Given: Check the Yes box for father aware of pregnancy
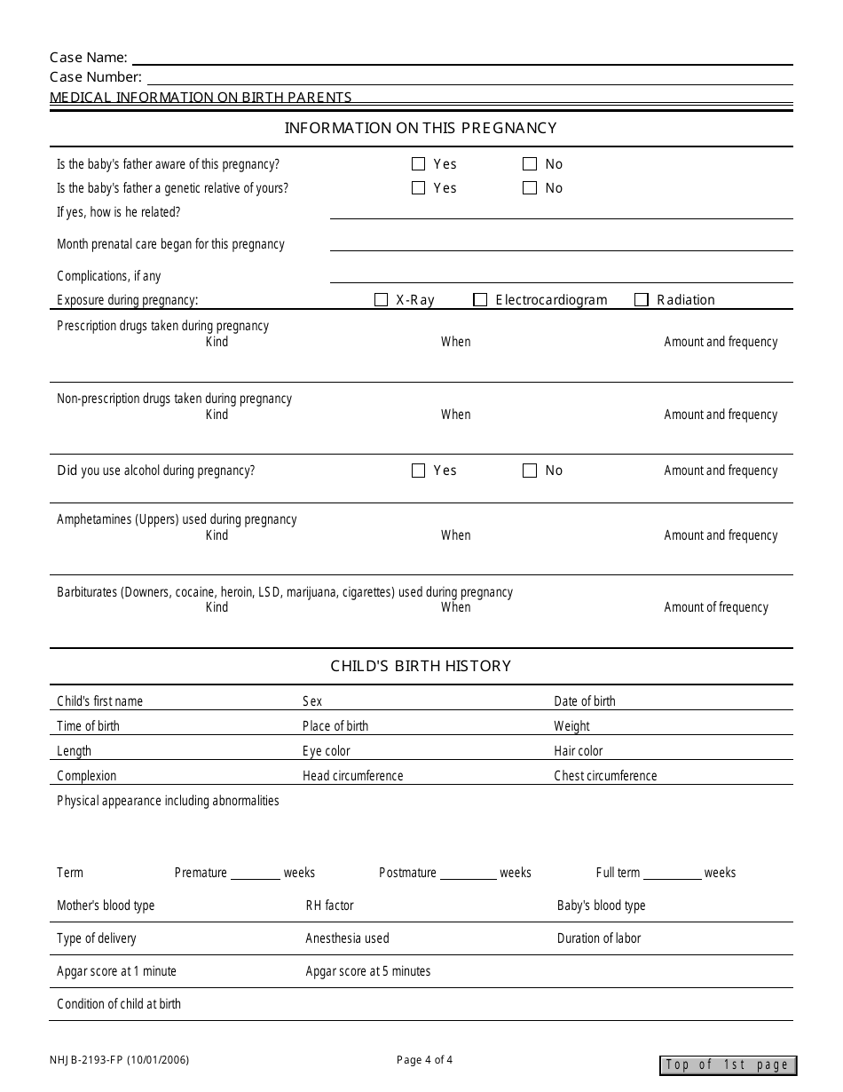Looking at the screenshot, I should click(x=419, y=164).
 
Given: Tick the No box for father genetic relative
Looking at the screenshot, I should click(x=530, y=188).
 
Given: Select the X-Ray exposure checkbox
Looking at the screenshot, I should click(x=382, y=300).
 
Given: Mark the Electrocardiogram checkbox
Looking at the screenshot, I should click(x=480, y=300).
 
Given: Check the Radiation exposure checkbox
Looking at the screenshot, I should click(x=642, y=300).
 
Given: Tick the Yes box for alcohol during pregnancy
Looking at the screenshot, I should click(x=419, y=471).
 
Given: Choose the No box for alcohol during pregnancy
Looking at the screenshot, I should click(x=530, y=471).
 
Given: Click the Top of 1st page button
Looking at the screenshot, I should click(x=728, y=1065).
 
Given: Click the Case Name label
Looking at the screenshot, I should click(x=89, y=58).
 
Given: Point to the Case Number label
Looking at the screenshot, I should click(x=96, y=77).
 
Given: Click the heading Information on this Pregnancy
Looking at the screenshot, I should click(x=421, y=128).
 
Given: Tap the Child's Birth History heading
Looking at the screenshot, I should click(x=421, y=666).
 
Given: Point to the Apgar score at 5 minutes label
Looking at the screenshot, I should click(x=368, y=971).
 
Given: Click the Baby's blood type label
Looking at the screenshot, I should click(x=602, y=906).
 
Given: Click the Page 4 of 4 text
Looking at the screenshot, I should click(x=425, y=1059).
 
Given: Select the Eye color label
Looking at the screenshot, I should click(x=327, y=751).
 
